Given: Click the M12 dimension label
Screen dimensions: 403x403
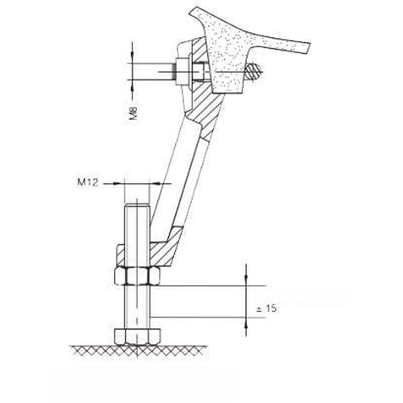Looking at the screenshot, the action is coord(88,182).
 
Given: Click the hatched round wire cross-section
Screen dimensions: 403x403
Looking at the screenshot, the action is coord(253,71).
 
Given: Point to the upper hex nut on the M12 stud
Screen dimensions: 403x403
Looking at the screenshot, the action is coord(137,276).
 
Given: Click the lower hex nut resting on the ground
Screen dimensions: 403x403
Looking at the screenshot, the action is coord(138,337).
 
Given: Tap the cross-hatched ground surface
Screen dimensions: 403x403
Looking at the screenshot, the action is coord(139,351).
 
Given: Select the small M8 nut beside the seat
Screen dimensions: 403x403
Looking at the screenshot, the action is coord(182,72).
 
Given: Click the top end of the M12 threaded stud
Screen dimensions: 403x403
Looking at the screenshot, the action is coord(137,205).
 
